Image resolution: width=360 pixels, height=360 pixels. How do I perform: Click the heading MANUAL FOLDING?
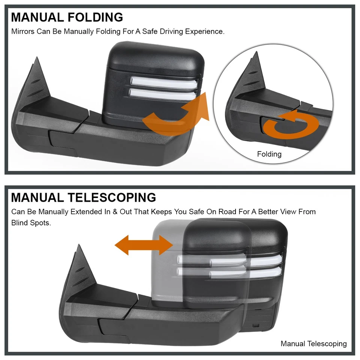click(x=67, y=17)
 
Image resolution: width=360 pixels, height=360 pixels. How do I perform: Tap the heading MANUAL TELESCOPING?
click(x=83, y=198)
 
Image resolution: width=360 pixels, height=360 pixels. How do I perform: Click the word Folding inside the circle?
click(x=269, y=154)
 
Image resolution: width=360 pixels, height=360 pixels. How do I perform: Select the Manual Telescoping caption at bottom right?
click(x=313, y=343)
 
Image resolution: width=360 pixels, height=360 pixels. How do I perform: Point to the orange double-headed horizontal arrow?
click(x=144, y=245)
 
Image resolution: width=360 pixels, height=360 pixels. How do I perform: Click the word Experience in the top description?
click(x=205, y=31)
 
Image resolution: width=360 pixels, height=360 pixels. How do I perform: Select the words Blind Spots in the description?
click(x=31, y=223)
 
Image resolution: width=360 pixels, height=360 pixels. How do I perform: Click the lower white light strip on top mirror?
click(x=162, y=94)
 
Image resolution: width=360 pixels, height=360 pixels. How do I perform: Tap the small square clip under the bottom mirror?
click(x=255, y=325)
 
